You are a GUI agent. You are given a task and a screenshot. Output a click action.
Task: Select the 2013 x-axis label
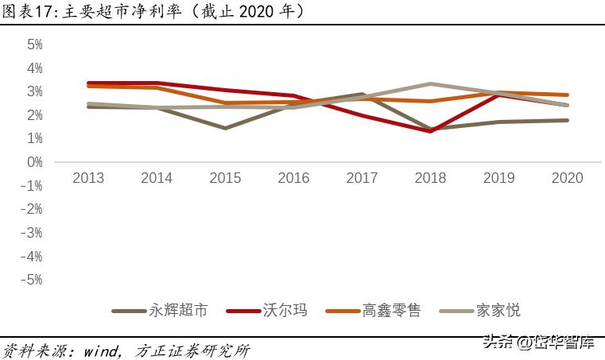pos(88,178)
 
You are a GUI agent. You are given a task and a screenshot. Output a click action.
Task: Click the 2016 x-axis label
pos(293,178)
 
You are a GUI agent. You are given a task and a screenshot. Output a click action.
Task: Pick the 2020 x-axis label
pos(567,178)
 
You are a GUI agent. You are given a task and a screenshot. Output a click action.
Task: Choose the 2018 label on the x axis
pos(430,178)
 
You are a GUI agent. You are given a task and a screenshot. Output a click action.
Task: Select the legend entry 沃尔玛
pos(285,311)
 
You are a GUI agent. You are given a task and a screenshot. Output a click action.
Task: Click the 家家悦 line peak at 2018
pos(430,83)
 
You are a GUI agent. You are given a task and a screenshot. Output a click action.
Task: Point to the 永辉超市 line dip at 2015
pos(225,128)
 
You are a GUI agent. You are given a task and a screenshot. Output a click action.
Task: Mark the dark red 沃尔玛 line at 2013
pos(88,83)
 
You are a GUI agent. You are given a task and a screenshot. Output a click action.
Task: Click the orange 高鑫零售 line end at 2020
pos(567,95)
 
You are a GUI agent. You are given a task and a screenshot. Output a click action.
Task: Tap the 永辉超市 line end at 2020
pos(567,120)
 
